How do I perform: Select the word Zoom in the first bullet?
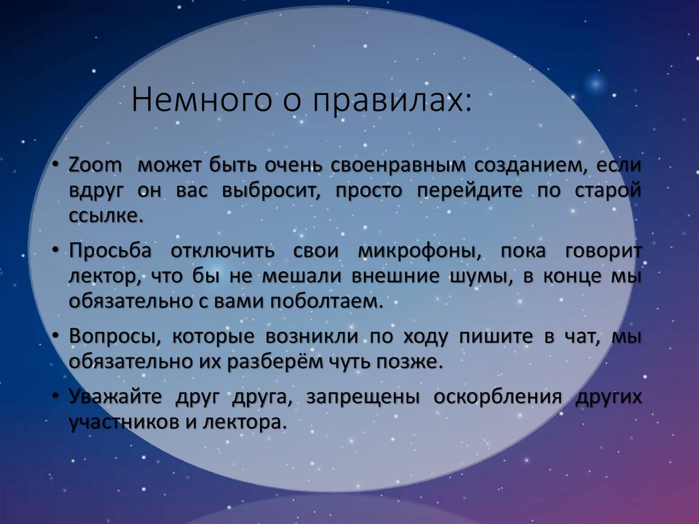[96, 165]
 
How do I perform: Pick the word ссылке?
[106, 217]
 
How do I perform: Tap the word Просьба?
[111, 251]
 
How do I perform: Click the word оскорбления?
[498, 396]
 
